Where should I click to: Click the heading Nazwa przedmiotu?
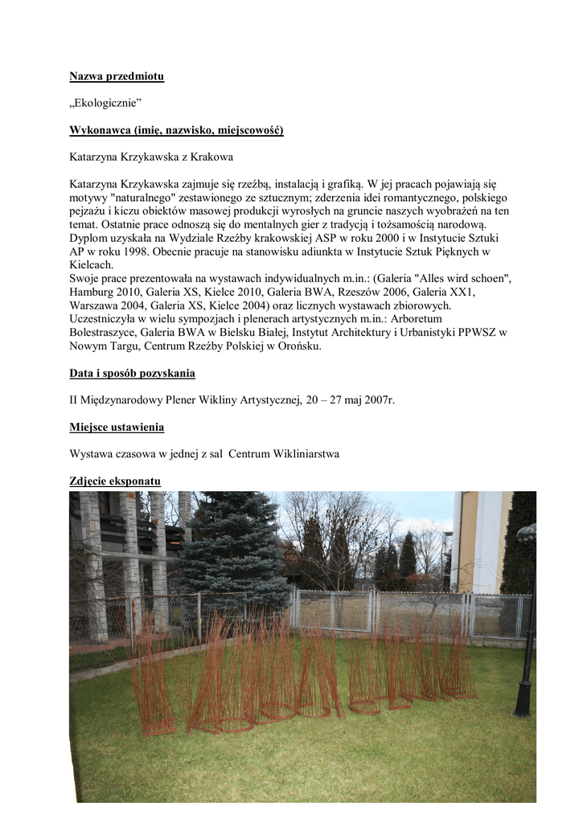(x=116, y=77)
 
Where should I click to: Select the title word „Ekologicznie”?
(x=105, y=104)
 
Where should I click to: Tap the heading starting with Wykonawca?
(x=176, y=130)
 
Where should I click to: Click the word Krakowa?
(x=212, y=157)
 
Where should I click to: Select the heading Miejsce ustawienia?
(x=117, y=427)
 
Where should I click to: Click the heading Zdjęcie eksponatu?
(x=115, y=481)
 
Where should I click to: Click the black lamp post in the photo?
(x=526, y=627)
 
